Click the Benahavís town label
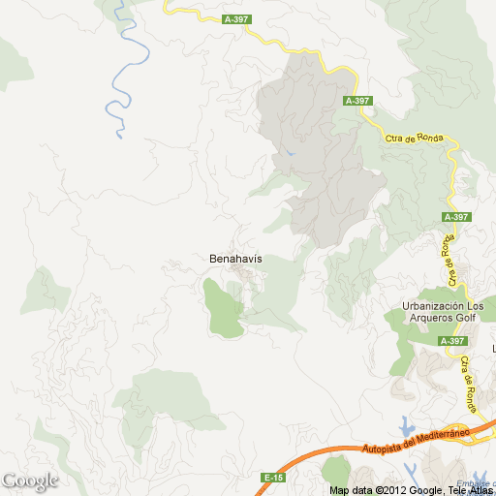(x=235, y=260)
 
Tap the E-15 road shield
(x=273, y=478)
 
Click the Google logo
(x=29, y=480)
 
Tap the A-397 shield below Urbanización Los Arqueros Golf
(x=452, y=341)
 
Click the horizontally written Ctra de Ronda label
(x=414, y=138)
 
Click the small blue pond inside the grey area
(x=289, y=153)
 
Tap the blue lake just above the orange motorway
(x=407, y=425)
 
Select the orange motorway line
(x=320, y=459)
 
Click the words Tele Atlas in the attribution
(x=469, y=490)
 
